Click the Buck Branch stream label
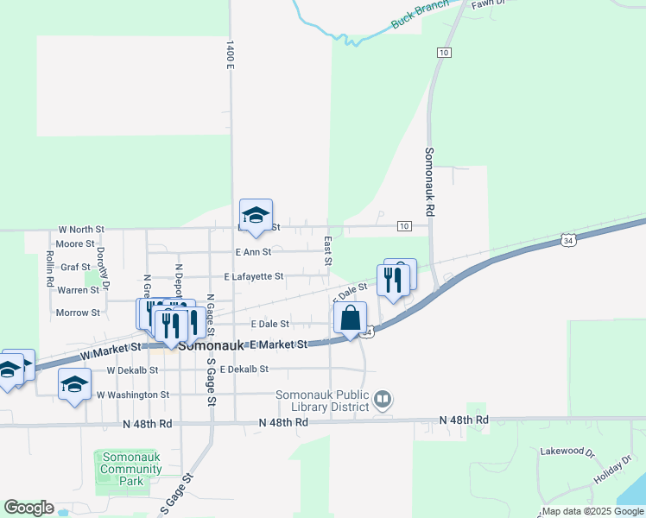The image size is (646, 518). click(420, 15)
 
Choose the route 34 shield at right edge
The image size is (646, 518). click(567, 239)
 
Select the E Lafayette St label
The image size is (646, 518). click(254, 277)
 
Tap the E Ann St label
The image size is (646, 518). click(253, 252)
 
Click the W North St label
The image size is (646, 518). click(81, 230)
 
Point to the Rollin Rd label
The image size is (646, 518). click(49, 268)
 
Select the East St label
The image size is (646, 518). click(328, 251)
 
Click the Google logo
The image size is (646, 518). click(28, 508)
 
